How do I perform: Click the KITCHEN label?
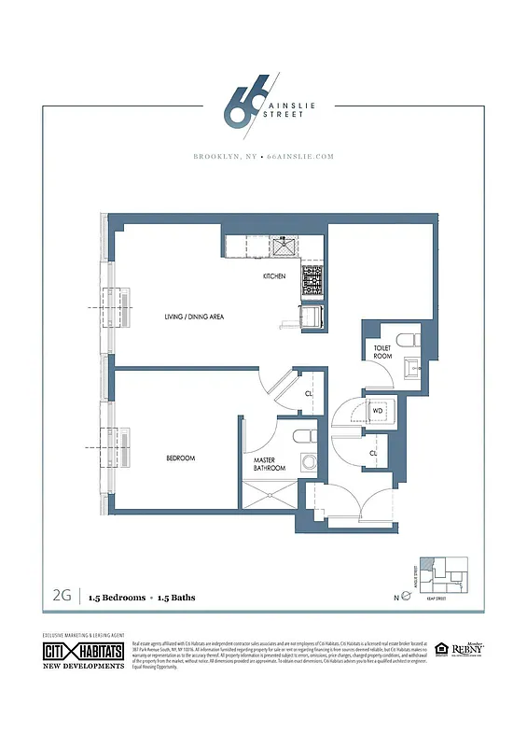pyautogui.click(x=273, y=277)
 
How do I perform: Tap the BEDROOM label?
pyautogui.click(x=180, y=458)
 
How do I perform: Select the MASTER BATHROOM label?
pyautogui.click(x=270, y=464)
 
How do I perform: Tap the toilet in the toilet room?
pyautogui.click(x=409, y=339)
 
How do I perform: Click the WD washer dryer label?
pyautogui.click(x=378, y=410)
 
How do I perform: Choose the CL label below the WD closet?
pyautogui.click(x=373, y=453)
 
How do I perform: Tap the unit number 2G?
pyautogui.click(x=63, y=595)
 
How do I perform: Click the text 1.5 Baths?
pyautogui.click(x=178, y=596)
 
